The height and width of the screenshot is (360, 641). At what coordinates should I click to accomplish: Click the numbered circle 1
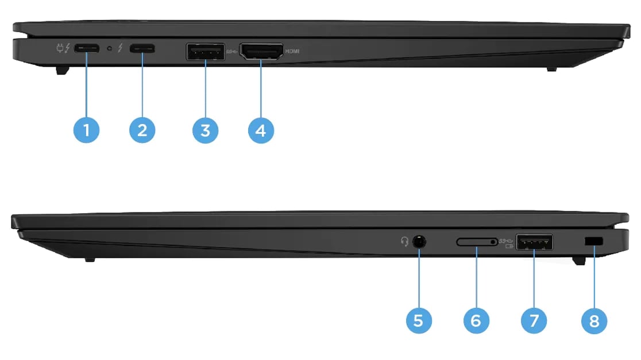tap(87, 130)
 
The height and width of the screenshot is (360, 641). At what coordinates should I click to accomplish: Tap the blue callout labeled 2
tap(142, 130)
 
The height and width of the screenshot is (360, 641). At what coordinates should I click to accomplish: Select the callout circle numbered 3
tap(205, 130)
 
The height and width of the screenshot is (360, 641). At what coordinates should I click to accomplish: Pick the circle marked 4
tap(261, 130)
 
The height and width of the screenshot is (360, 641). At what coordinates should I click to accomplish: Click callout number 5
tap(418, 320)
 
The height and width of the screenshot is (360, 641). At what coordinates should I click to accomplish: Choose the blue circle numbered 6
tap(476, 320)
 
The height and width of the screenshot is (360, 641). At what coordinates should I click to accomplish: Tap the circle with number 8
tap(594, 320)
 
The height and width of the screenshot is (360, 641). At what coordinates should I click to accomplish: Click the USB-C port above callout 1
tap(86, 49)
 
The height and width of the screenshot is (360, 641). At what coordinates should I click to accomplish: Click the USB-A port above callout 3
tap(205, 52)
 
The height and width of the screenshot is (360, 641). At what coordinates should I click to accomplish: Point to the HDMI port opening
tap(261, 52)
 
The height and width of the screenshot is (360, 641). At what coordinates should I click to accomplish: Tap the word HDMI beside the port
tap(292, 51)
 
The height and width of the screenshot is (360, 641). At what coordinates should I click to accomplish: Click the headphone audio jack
tap(420, 242)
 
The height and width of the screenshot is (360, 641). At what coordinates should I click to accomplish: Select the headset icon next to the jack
tap(405, 242)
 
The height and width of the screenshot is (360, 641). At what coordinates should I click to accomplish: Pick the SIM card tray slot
tap(477, 242)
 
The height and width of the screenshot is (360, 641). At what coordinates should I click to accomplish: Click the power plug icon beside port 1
tap(60, 48)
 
